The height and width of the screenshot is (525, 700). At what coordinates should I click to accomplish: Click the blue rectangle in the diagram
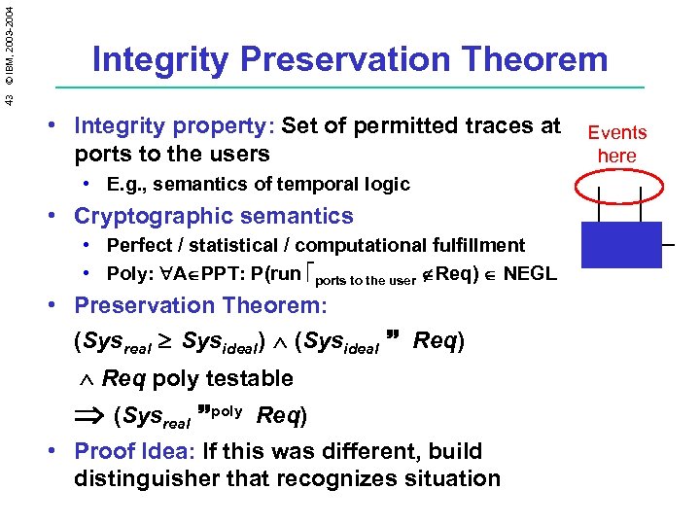[x=620, y=244]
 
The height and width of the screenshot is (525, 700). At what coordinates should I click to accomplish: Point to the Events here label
[x=616, y=144]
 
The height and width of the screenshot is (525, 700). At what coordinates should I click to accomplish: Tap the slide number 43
[x=9, y=99]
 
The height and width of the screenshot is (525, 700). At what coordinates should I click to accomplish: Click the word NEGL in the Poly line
[x=530, y=273]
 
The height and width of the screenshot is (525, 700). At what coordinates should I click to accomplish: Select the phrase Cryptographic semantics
[x=214, y=216]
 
